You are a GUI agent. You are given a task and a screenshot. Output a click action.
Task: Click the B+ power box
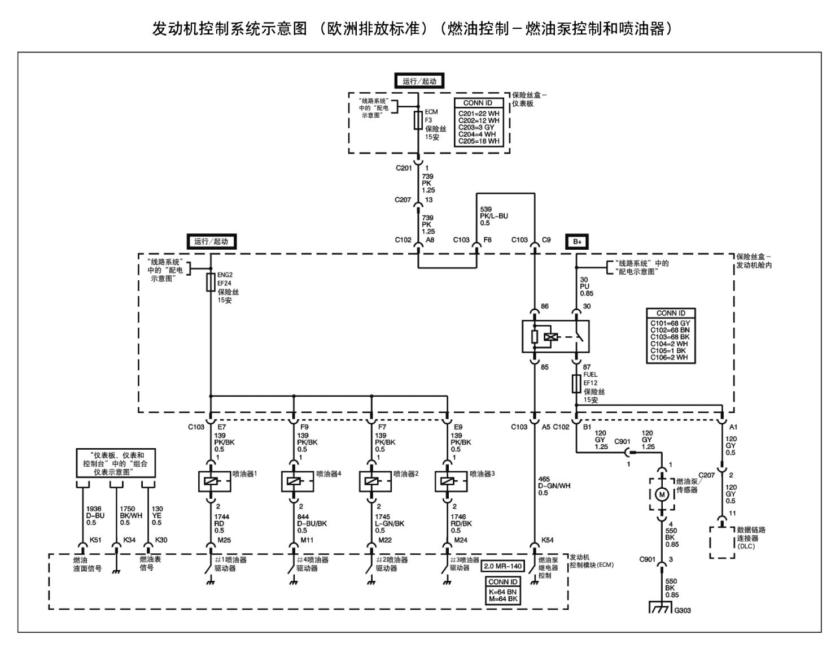tap(577, 242)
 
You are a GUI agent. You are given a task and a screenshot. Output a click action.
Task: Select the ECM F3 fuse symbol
tap(418, 120)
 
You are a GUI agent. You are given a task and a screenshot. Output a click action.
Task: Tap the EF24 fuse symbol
tap(211, 283)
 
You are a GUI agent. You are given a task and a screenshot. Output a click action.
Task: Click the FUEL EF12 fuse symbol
tap(576, 384)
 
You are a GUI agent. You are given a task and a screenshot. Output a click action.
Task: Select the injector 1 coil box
tap(211, 481)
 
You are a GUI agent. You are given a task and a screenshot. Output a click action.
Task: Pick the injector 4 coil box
tap(294, 481)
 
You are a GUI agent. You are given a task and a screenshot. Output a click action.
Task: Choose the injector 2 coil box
tap(371, 481)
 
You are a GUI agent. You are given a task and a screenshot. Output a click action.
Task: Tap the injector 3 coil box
tap(448, 481)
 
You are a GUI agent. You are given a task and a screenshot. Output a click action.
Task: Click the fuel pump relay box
tap(556, 337)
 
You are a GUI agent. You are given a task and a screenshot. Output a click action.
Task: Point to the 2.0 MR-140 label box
tap(502, 566)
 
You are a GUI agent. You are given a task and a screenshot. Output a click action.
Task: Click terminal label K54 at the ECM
tap(548, 540)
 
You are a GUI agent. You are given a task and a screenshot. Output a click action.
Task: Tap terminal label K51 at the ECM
tap(95, 540)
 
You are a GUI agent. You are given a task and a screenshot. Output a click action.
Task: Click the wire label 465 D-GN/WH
tap(553, 485)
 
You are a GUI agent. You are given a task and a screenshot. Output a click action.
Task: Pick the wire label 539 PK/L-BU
tap(493, 216)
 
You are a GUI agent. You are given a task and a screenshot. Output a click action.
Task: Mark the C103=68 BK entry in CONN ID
tap(670, 337)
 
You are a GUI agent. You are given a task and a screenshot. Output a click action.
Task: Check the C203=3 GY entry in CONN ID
tap(476, 127)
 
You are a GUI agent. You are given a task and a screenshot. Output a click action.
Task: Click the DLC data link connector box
tap(722, 542)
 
